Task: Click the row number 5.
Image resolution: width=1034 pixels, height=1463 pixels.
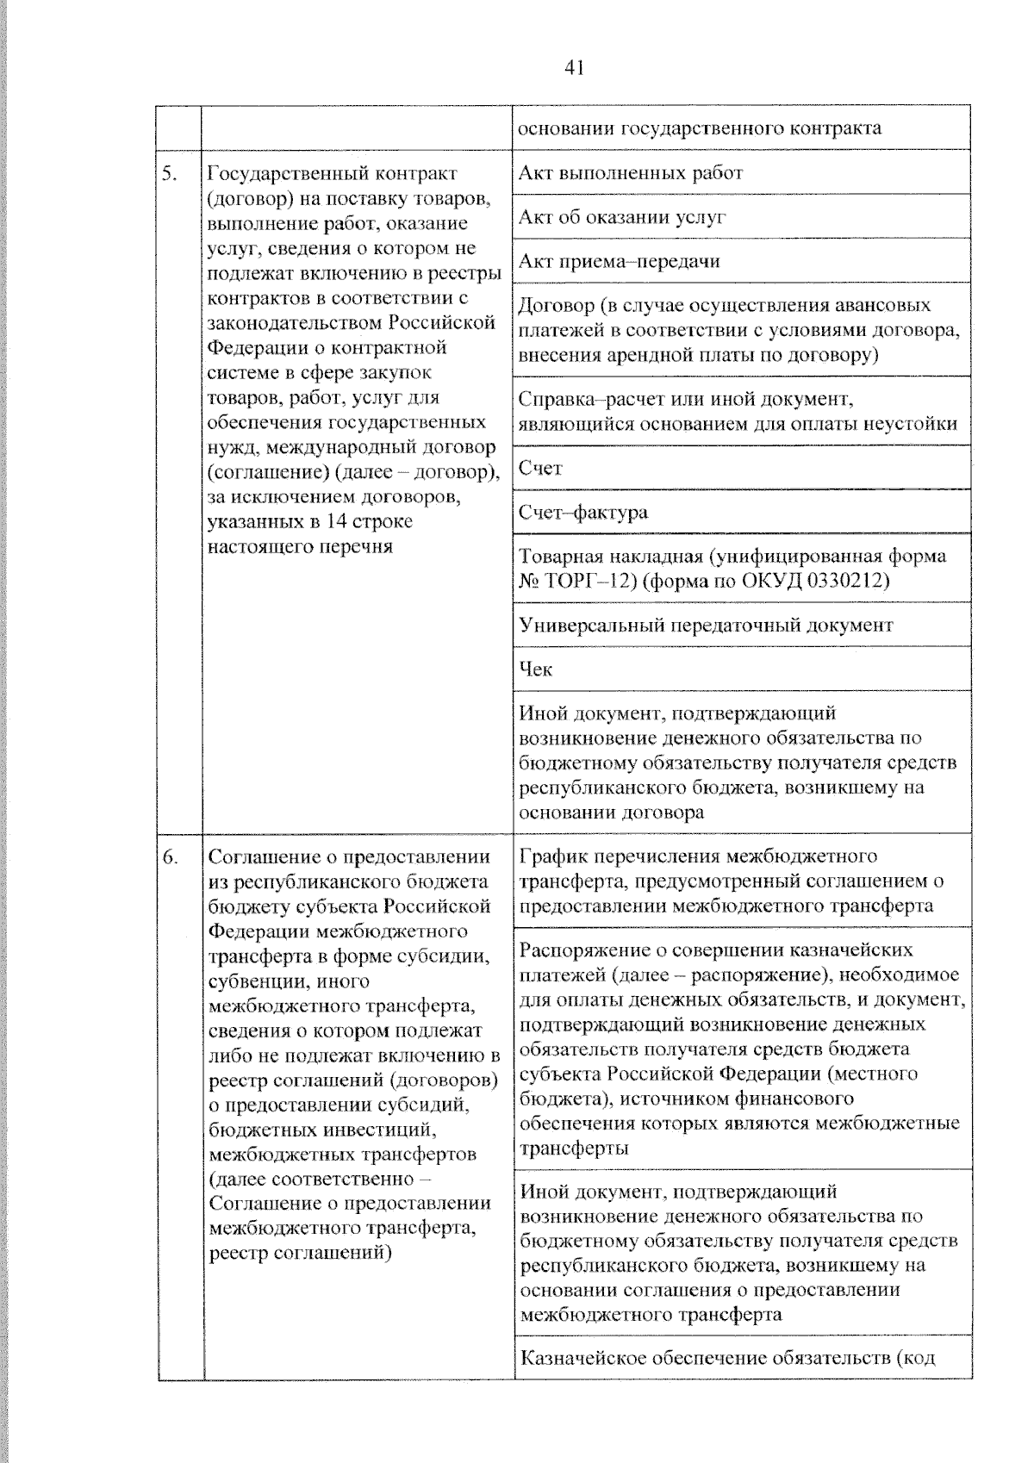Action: (170, 174)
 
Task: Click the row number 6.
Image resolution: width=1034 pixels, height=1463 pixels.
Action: (170, 857)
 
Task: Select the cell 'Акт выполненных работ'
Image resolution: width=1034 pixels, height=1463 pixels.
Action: (631, 173)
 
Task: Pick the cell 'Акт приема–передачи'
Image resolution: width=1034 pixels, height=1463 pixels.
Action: (620, 261)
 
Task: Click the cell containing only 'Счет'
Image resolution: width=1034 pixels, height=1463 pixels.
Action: (540, 468)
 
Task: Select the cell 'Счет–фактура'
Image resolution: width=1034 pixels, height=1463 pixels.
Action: (582, 513)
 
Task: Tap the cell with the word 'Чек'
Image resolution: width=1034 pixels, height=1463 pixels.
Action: (536, 669)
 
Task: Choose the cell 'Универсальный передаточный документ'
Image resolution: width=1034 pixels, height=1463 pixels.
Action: (706, 626)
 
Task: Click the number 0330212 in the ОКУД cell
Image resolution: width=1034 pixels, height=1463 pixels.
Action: (848, 582)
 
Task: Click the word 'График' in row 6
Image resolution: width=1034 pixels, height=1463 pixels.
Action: (551, 856)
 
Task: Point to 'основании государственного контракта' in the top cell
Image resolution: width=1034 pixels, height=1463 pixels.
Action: (700, 129)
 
